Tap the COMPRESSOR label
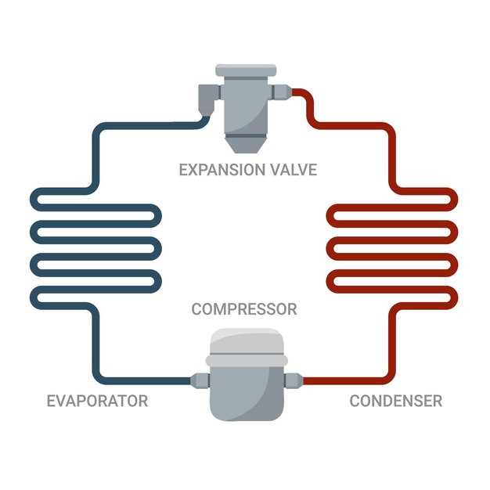pyautogui.click(x=244, y=309)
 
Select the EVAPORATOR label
pyautogui.click(x=97, y=401)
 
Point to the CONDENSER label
pyautogui.click(x=395, y=401)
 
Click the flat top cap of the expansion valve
pyautogui.click(x=246, y=70)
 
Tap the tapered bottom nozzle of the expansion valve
pyautogui.click(x=246, y=143)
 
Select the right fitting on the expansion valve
pyautogui.click(x=281, y=92)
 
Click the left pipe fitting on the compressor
pyautogui.click(x=200, y=380)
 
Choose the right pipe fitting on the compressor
pyautogui.click(x=293, y=380)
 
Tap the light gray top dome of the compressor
pyautogui.click(x=247, y=341)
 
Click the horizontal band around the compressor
pyautogui.click(x=247, y=361)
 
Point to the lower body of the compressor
pyautogui.click(x=247, y=394)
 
